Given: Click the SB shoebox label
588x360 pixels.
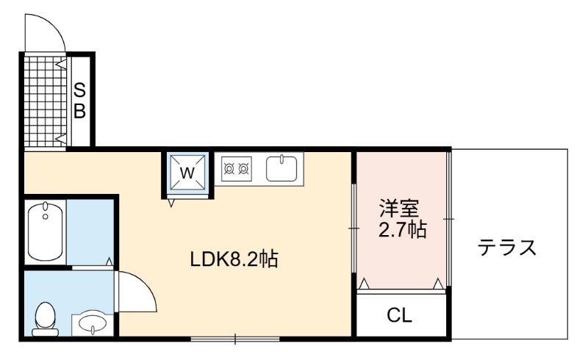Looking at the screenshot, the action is (79, 101).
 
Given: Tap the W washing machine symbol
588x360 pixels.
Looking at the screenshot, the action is (187, 173).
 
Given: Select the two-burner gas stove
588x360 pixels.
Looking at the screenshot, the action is (236, 169).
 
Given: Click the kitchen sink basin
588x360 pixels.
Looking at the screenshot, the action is (282, 169).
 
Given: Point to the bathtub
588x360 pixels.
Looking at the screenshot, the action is (46, 231).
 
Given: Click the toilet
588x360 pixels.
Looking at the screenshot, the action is (45, 319).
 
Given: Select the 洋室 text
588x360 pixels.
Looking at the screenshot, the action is (399, 208).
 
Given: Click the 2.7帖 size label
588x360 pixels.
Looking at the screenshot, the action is (402, 230).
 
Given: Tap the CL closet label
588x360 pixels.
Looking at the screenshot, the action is (399, 315).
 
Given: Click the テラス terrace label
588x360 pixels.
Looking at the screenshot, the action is (507, 248).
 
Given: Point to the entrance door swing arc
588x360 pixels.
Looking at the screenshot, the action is (54, 24).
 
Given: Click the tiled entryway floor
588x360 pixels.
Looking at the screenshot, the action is (46, 101).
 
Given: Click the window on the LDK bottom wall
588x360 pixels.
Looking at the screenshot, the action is (235, 339).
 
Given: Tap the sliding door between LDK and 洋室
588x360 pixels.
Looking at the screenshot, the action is (354, 228).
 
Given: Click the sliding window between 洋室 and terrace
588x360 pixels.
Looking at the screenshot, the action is (449, 219).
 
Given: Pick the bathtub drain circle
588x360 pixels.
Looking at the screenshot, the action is (46, 217).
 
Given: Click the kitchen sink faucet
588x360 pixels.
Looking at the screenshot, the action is (282, 159).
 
